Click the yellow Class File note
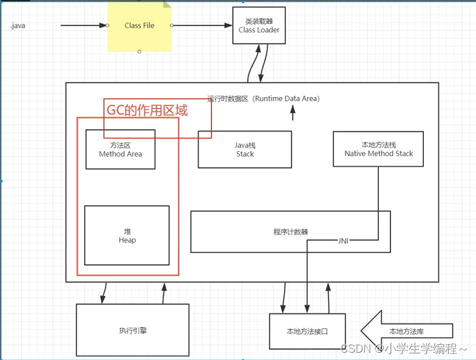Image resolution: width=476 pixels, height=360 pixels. click(x=140, y=26)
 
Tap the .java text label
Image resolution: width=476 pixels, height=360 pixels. click(x=18, y=26)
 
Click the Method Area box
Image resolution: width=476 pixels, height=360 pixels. click(x=120, y=149)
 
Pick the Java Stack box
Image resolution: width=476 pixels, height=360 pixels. click(x=245, y=149)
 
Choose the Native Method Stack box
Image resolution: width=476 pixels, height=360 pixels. click(x=378, y=149)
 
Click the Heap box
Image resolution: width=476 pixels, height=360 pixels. click(x=127, y=236)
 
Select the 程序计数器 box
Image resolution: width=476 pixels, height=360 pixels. click(x=290, y=231)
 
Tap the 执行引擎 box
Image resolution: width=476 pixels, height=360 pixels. click(x=132, y=330)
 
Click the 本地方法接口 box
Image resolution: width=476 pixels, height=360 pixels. click(x=307, y=331)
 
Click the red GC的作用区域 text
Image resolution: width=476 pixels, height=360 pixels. click(x=148, y=110)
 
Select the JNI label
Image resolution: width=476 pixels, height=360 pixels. click(x=343, y=240)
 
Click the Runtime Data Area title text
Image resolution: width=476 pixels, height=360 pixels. click(x=263, y=98)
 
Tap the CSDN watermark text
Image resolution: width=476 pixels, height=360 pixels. click(x=403, y=348)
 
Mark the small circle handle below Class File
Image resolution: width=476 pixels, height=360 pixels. click(x=139, y=52)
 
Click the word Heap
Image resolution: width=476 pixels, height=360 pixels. click(x=127, y=240)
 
